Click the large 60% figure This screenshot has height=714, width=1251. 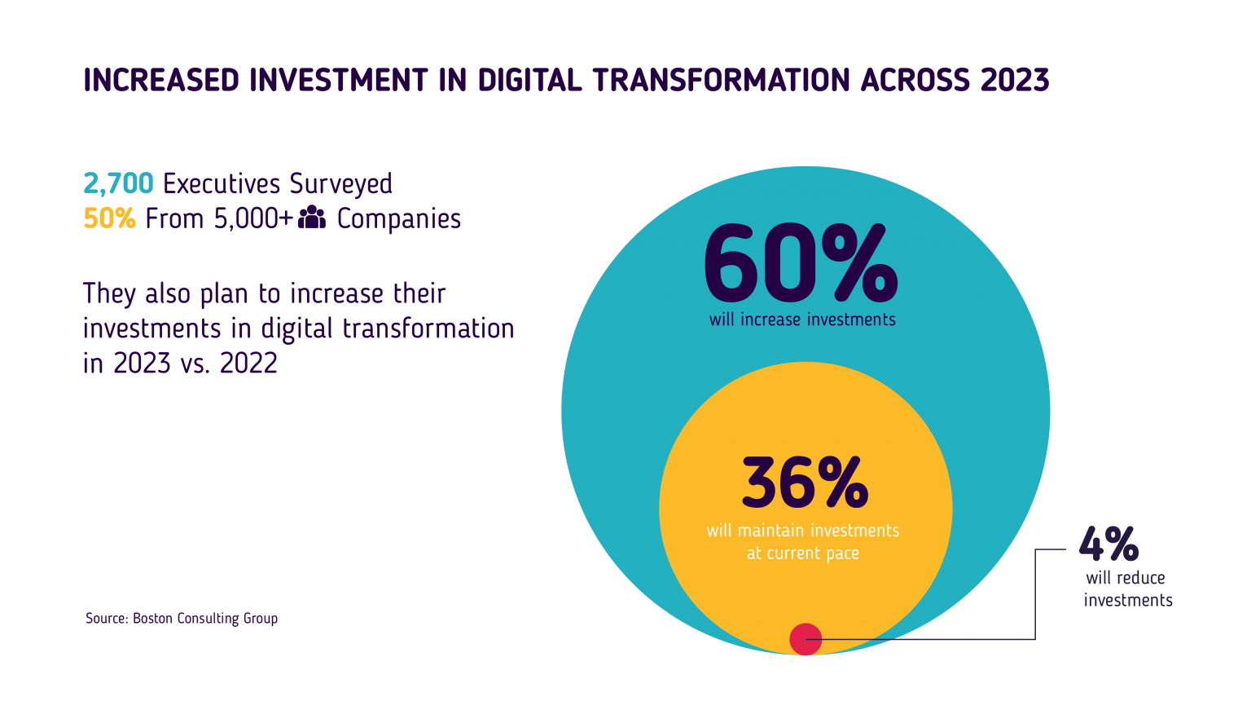pyautogui.click(x=801, y=264)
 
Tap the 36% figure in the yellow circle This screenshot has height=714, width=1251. pyautogui.click(x=805, y=483)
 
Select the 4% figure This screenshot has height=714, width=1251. pyautogui.click(x=1108, y=544)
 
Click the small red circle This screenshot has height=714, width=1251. pyautogui.click(x=805, y=639)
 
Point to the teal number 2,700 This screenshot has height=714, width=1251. pyautogui.click(x=118, y=184)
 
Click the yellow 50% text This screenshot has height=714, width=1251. pyautogui.click(x=109, y=219)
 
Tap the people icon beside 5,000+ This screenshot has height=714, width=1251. pyautogui.click(x=312, y=218)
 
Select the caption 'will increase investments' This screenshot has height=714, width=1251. pyautogui.click(x=802, y=320)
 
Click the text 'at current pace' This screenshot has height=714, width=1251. pyautogui.click(x=803, y=553)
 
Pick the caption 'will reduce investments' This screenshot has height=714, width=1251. pyautogui.click(x=1128, y=589)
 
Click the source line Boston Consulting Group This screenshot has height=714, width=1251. pyautogui.click(x=182, y=619)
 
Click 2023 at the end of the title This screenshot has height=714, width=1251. pyautogui.click(x=1015, y=81)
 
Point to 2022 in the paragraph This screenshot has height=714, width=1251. pyautogui.click(x=248, y=364)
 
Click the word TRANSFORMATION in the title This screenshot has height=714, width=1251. pyautogui.click(x=722, y=81)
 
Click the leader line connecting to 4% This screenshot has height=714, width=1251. pyautogui.click(x=1034, y=595)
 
